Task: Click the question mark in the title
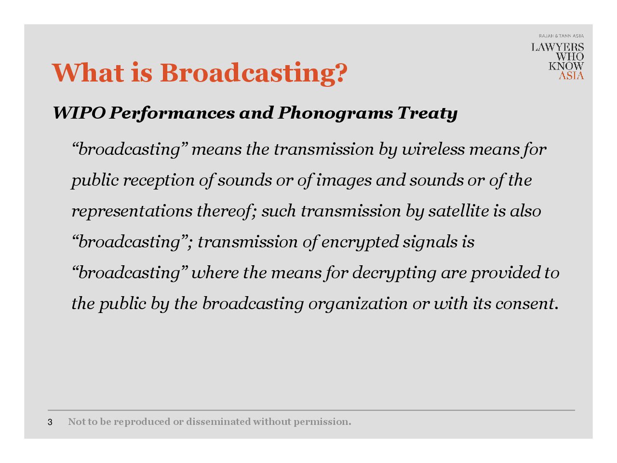pos(339,72)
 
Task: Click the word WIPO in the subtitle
pos(79,113)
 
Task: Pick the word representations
pos(132,211)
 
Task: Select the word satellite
pos(458,211)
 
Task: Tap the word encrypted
pos(360,243)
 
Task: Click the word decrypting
pos(394,273)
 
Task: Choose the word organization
pos(358,304)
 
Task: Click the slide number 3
pos(50,422)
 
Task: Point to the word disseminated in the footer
pos(218,422)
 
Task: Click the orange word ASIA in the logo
pos(571,76)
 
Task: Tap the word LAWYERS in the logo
pos(557,47)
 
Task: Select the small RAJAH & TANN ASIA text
pos(561,36)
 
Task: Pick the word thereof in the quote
pos(225,211)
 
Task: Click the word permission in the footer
pos(322,422)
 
